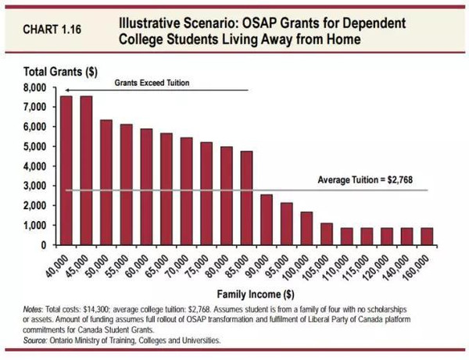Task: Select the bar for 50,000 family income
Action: [x=106, y=182]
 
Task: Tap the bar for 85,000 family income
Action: [x=246, y=198]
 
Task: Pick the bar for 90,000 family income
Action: [x=267, y=219]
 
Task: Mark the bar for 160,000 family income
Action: [x=427, y=236]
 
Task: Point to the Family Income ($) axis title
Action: [x=245, y=294]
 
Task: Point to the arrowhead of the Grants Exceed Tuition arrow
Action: [x=67, y=91]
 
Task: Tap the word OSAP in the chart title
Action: [x=256, y=21]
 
